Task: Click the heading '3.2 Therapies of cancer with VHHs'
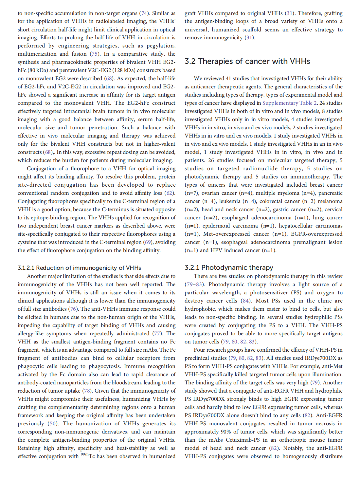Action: [x=247, y=62]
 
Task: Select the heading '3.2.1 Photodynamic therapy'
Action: [x=229, y=268]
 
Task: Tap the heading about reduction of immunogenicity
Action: [x=79, y=268]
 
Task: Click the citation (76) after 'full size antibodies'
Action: [x=73, y=309]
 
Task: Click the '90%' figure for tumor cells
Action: [x=225, y=432]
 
